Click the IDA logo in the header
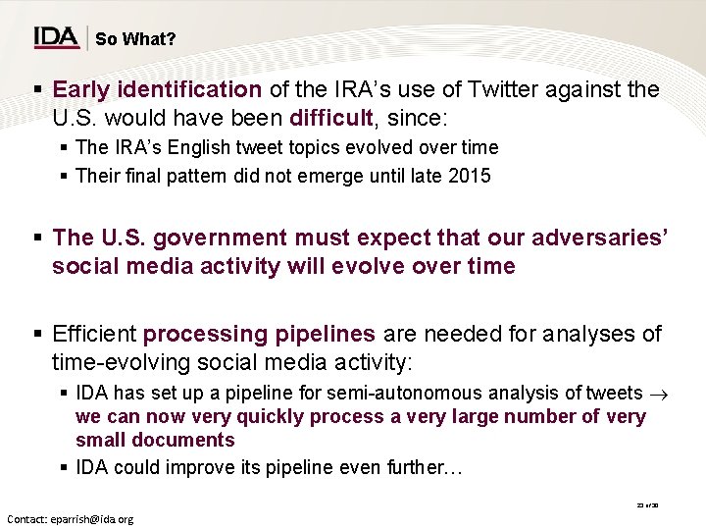coord(56,37)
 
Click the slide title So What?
coord(136,39)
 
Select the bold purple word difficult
coord(331,118)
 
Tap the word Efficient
coord(96,334)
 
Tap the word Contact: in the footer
coord(30,518)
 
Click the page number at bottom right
coord(647,504)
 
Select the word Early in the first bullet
coord(80,89)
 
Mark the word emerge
coord(326,177)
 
